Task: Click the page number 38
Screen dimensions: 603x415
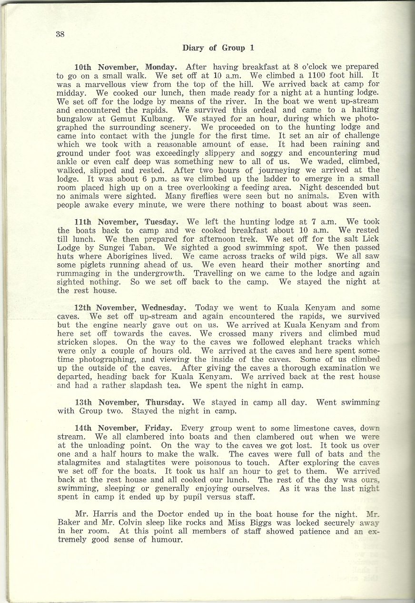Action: [60, 33]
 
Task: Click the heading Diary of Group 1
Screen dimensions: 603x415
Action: [218, 48]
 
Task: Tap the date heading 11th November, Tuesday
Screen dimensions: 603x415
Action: [127, 222]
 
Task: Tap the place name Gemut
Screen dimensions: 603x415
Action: [126, 118]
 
